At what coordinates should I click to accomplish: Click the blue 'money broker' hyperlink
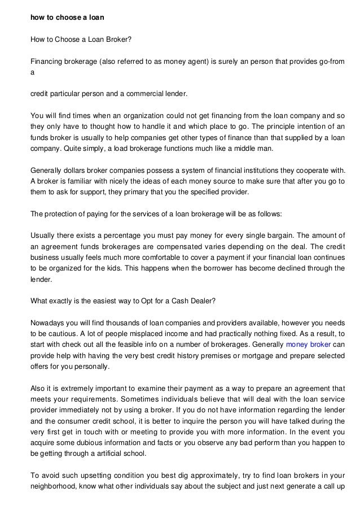309,344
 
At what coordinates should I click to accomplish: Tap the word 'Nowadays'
48,323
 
